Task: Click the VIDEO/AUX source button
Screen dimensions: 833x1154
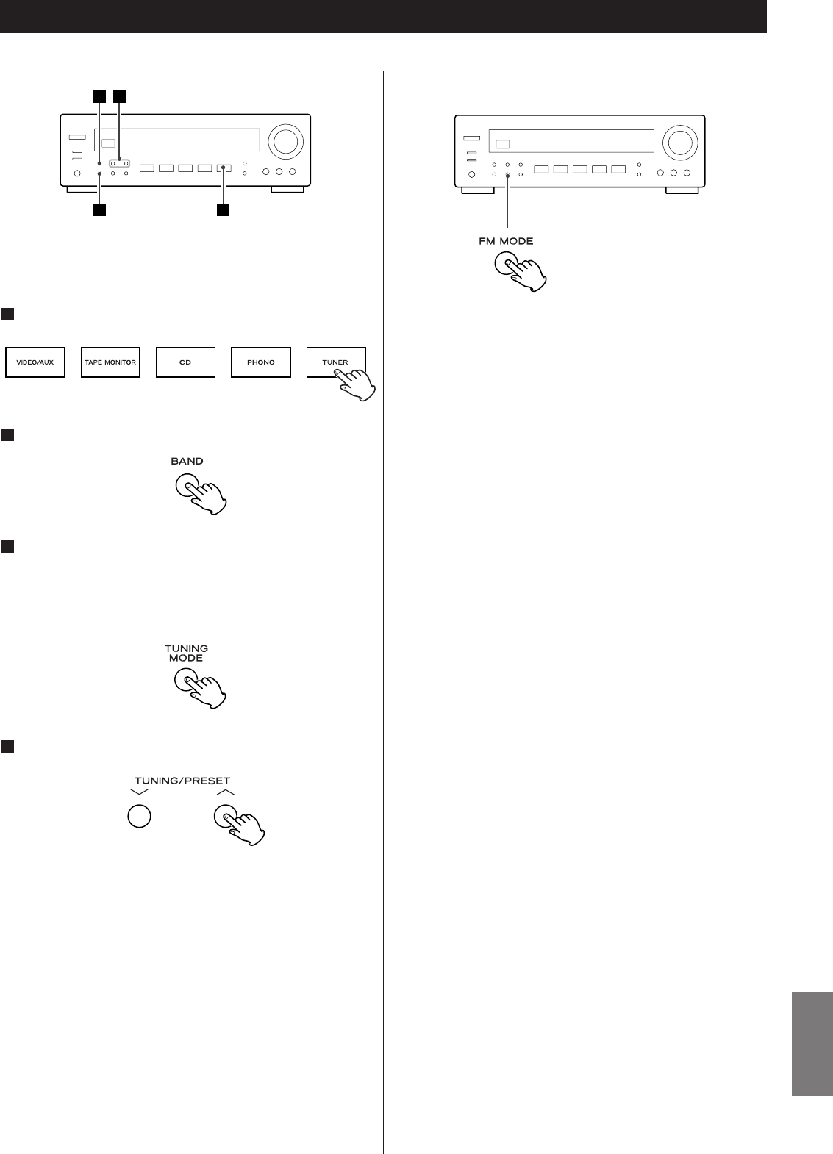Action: pos(35,362)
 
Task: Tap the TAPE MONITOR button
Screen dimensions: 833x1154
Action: pos(110,362)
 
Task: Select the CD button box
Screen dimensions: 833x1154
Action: pos(185,362)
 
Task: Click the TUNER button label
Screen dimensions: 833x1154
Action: pos(335,362)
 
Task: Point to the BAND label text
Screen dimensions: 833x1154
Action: pos(187,462)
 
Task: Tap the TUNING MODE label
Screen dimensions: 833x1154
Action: pos(187,653)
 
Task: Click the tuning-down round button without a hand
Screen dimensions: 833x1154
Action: pos(140,817)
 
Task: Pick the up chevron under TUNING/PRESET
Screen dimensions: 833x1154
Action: pos(226,793)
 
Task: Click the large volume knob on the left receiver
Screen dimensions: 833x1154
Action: pos(285,141)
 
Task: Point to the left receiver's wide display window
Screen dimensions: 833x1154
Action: pos(176,140)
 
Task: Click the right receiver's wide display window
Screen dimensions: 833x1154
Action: pos(571,140)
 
